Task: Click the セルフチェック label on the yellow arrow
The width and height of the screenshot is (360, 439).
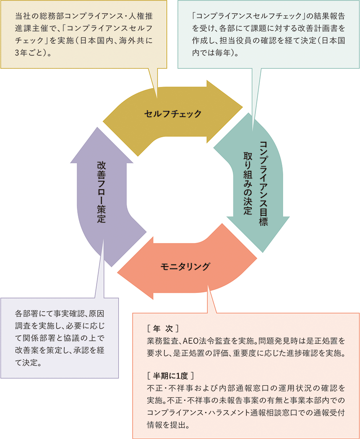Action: (x=172, y=114)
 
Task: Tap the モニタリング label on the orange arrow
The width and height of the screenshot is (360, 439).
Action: (x=185, y=266)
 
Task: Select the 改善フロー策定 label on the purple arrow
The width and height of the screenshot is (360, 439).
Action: (x=101, y=191)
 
